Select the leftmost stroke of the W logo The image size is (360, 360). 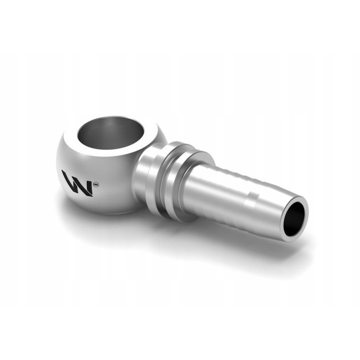(66, 180)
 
